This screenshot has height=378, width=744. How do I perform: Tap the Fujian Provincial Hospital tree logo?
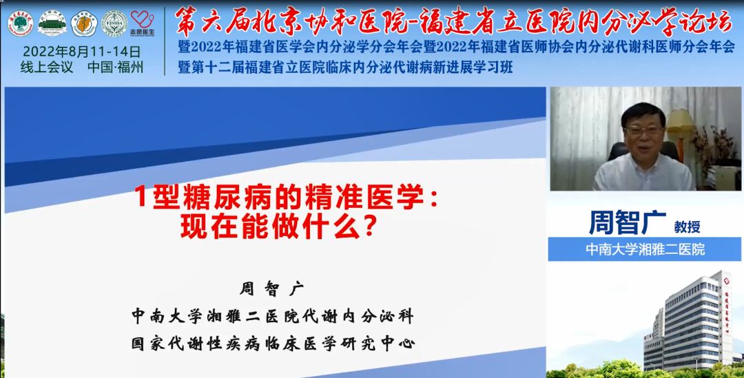click(20, 23)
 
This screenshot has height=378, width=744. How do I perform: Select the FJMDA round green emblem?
click(114, 23)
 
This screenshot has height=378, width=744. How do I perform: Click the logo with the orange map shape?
click(84, 23)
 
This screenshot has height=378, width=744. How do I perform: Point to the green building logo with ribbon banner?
click(52, 23)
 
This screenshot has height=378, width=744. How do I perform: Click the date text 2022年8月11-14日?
click(82, 52)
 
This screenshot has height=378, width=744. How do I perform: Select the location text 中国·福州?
click(116, 67)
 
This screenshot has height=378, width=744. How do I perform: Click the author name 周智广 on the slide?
click(271, 288)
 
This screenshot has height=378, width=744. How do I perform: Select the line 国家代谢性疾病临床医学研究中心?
click(273, 342)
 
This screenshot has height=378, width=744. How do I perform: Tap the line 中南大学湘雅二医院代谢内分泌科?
click(273, 316)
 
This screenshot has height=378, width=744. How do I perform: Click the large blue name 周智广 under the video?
click(628, 222)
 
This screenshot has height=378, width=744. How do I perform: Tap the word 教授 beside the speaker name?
click(687, 227)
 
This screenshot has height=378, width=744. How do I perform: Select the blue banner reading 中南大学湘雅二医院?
click(645, 249)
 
